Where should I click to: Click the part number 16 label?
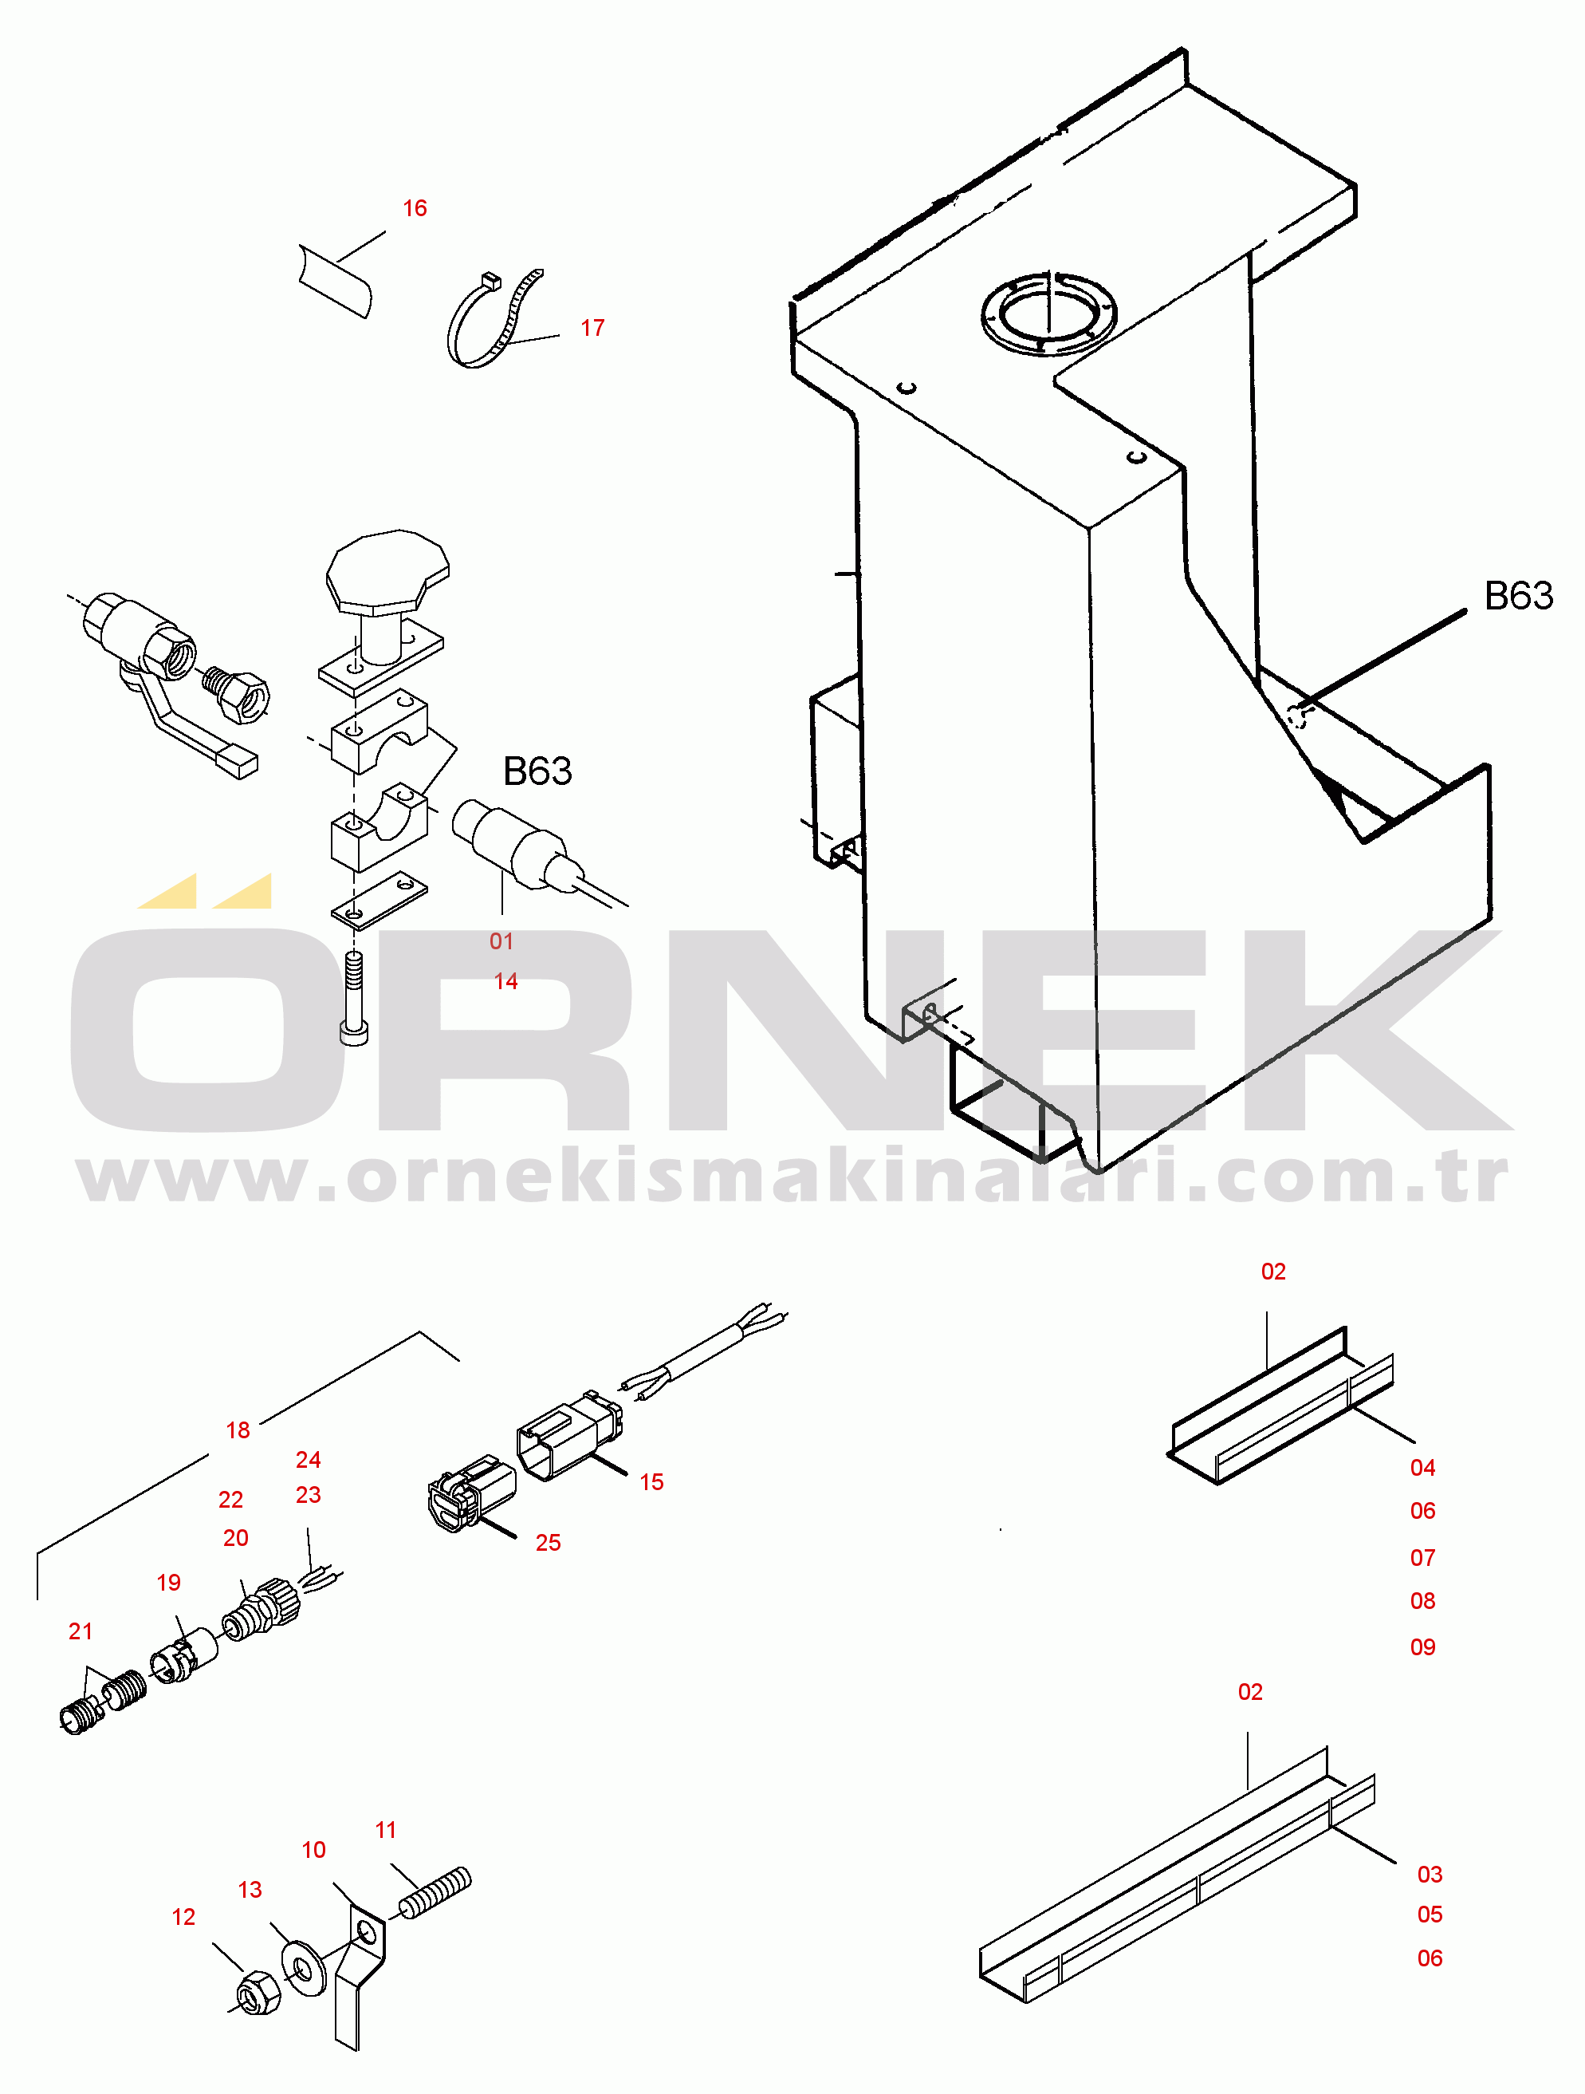[415, 208]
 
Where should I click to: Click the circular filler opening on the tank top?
[1048, 313]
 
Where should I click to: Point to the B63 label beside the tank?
[1518, 595]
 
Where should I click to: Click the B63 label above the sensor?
[537, 771]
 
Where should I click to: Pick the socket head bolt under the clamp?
[354, 998]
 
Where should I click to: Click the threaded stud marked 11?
[435, 1892]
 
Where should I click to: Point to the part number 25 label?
[548, 1542]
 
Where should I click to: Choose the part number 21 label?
[81, 1631]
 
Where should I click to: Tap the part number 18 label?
[238, 1430]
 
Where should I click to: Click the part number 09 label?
[1422, 1647]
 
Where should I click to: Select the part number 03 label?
[1430, 1875]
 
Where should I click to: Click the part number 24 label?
[308, 1460]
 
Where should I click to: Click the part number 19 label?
[168, 1583]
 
